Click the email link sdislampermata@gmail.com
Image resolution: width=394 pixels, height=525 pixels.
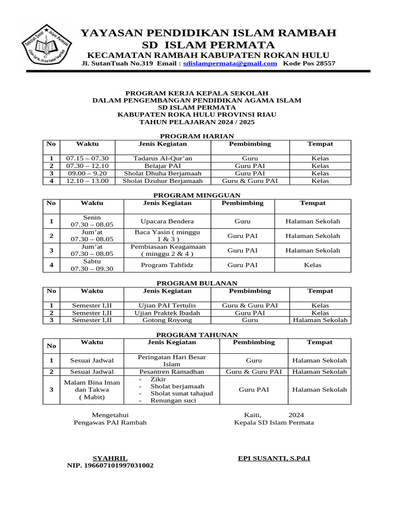(x=230, y=64)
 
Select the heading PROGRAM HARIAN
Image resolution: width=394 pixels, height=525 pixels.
(x=197, y=136)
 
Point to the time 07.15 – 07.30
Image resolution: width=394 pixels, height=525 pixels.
(x=87, y=158)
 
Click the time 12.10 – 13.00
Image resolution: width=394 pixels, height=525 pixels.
(x=87, y=181)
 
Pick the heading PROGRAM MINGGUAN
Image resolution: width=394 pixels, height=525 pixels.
(x=197, y=195)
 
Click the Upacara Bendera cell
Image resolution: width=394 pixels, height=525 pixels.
(x=167, y=221)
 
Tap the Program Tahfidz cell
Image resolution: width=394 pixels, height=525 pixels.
(x=167, y=265)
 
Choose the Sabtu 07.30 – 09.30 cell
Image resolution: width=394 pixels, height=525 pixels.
(x=92, y=265)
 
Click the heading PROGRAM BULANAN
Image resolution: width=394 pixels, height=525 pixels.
(x=197, y=283)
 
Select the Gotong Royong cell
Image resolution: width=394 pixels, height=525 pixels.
(x=167, y=320)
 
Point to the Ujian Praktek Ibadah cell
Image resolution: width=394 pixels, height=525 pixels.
(x=167, y=313)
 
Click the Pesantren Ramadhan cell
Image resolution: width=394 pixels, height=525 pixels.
(x=171, y=372)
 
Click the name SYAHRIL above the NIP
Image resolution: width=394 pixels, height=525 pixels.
(x=110, y=458)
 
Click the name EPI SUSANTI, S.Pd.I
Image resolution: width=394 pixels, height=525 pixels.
(x=274, y=458)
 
